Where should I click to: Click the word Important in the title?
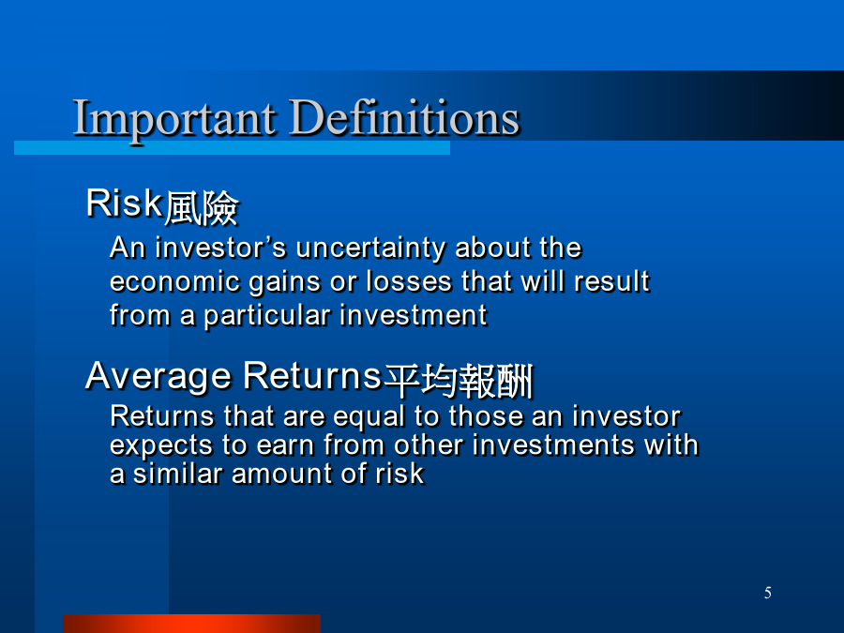point(175,119)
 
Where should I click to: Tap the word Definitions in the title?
point(404,116)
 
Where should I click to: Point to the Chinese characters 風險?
point(202,208)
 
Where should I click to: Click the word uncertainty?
point(370,249)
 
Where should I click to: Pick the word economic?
point(174,281)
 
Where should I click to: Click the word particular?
point(267,316)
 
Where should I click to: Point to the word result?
point(612,281)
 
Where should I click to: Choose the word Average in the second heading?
point(158,377)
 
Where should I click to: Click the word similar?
point(177,474)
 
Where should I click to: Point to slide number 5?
point(767,593)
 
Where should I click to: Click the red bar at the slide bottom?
point(191,624)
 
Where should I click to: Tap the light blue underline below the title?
point(232,147)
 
